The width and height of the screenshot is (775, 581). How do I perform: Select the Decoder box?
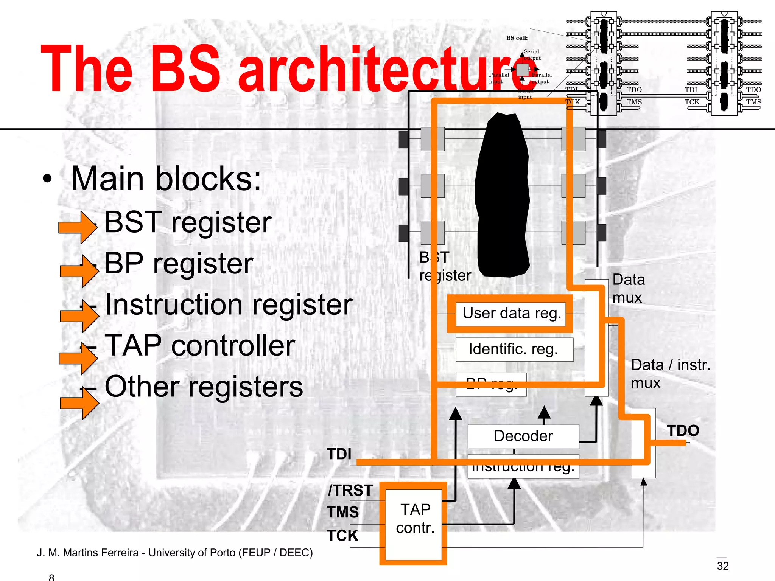(523, 436)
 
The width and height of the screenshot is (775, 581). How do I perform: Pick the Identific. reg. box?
(514, 349)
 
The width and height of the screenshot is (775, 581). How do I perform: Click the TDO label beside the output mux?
(683, 430)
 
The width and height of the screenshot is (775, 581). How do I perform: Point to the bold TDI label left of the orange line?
(339, 454)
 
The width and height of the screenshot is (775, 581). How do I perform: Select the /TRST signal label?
(350, 490)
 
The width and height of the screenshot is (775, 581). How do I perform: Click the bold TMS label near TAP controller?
(343, 512)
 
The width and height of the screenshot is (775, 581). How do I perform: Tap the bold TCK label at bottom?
(342, 536)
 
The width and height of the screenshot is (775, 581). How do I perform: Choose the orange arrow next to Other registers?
(80, 403)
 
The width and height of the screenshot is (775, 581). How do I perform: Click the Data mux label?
(628, 288)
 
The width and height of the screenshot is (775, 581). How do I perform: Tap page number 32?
(722, 566)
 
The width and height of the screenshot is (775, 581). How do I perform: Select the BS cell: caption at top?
(517, 38)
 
